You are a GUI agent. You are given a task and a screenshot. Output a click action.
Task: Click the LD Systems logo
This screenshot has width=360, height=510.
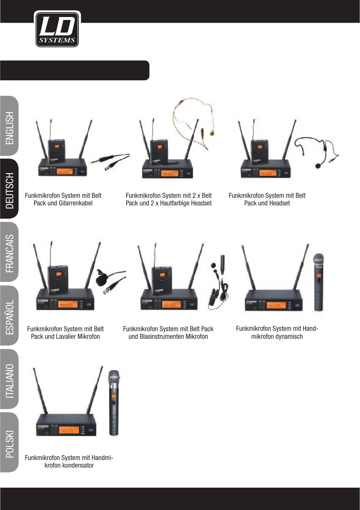(57, 29)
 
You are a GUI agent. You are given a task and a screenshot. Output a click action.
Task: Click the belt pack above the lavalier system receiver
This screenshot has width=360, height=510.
(58, 280)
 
